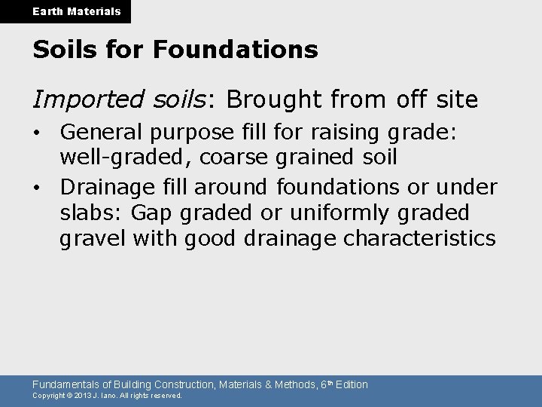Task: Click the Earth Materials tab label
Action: tap(65, 11)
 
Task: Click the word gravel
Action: tap(93, 239)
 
